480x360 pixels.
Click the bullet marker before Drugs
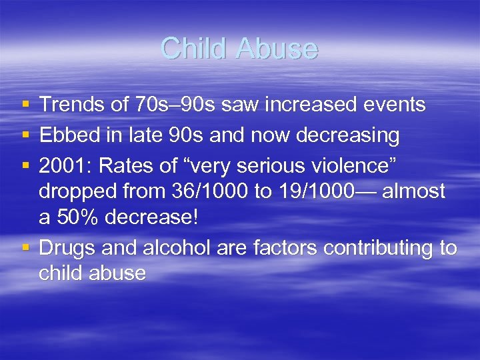[x=25, y=248]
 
